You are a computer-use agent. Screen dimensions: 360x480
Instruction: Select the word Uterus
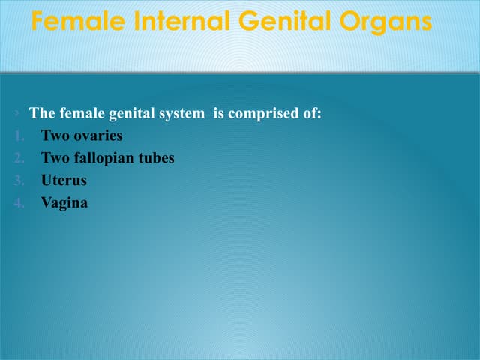pos(64,181)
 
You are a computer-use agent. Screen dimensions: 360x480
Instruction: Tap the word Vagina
pos(64,202)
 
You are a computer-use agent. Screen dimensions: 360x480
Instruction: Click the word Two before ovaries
pos(54,136)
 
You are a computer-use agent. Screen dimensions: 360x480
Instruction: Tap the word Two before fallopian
pos(54,158)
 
